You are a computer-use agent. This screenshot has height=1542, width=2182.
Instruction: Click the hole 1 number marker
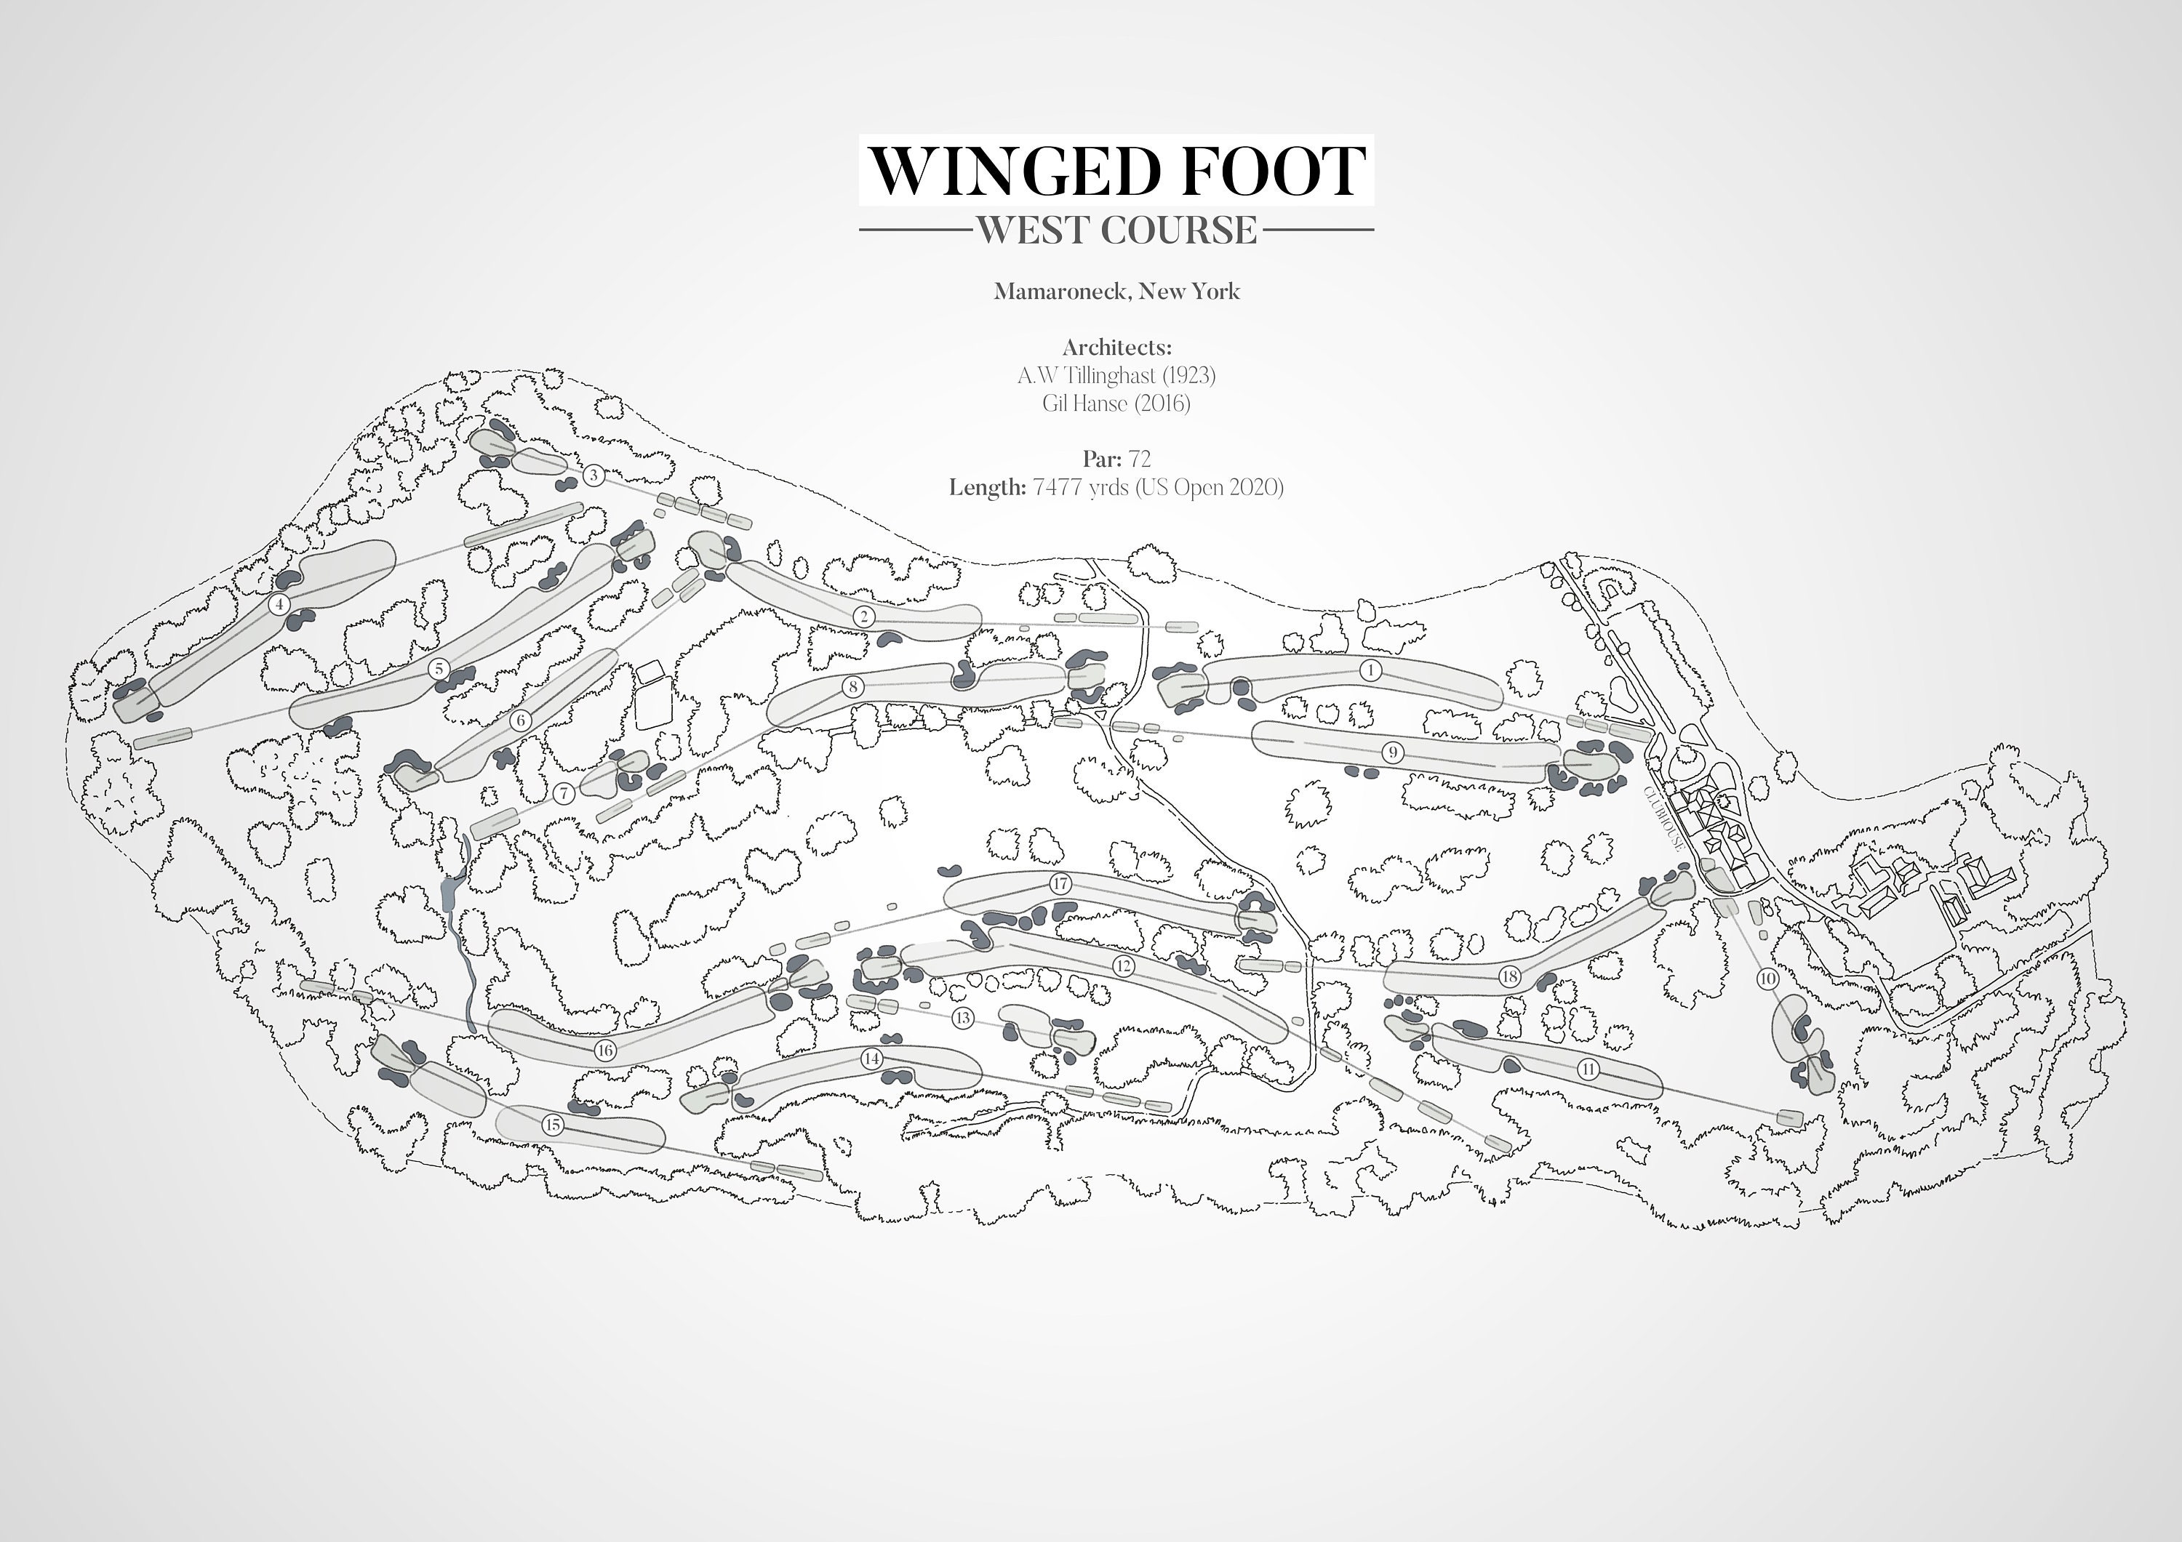coord(1370,670)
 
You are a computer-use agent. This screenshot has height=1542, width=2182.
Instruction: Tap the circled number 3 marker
coord(594,475)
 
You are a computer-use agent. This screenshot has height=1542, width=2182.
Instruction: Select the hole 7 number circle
coord(564,792)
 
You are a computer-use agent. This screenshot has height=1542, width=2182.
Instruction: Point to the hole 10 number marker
coord(1767,979)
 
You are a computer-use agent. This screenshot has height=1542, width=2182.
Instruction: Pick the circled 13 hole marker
coord(963,1019)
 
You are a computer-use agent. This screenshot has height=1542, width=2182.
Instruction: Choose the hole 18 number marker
coord(1509,976)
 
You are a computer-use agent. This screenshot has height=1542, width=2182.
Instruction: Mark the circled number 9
coord(1392,752)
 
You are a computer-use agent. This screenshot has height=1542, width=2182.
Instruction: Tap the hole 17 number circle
coord(1060,883)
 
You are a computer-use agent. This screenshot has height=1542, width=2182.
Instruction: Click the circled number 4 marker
coord(279,604)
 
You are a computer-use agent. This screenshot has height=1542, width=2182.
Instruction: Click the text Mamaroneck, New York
coord(1116,291)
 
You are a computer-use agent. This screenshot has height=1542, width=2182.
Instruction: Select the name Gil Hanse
coord(1084,403)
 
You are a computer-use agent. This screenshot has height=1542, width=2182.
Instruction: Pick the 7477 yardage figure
coord(1057,487)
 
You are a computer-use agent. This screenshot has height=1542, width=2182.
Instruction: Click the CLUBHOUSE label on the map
coord(1665,818)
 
